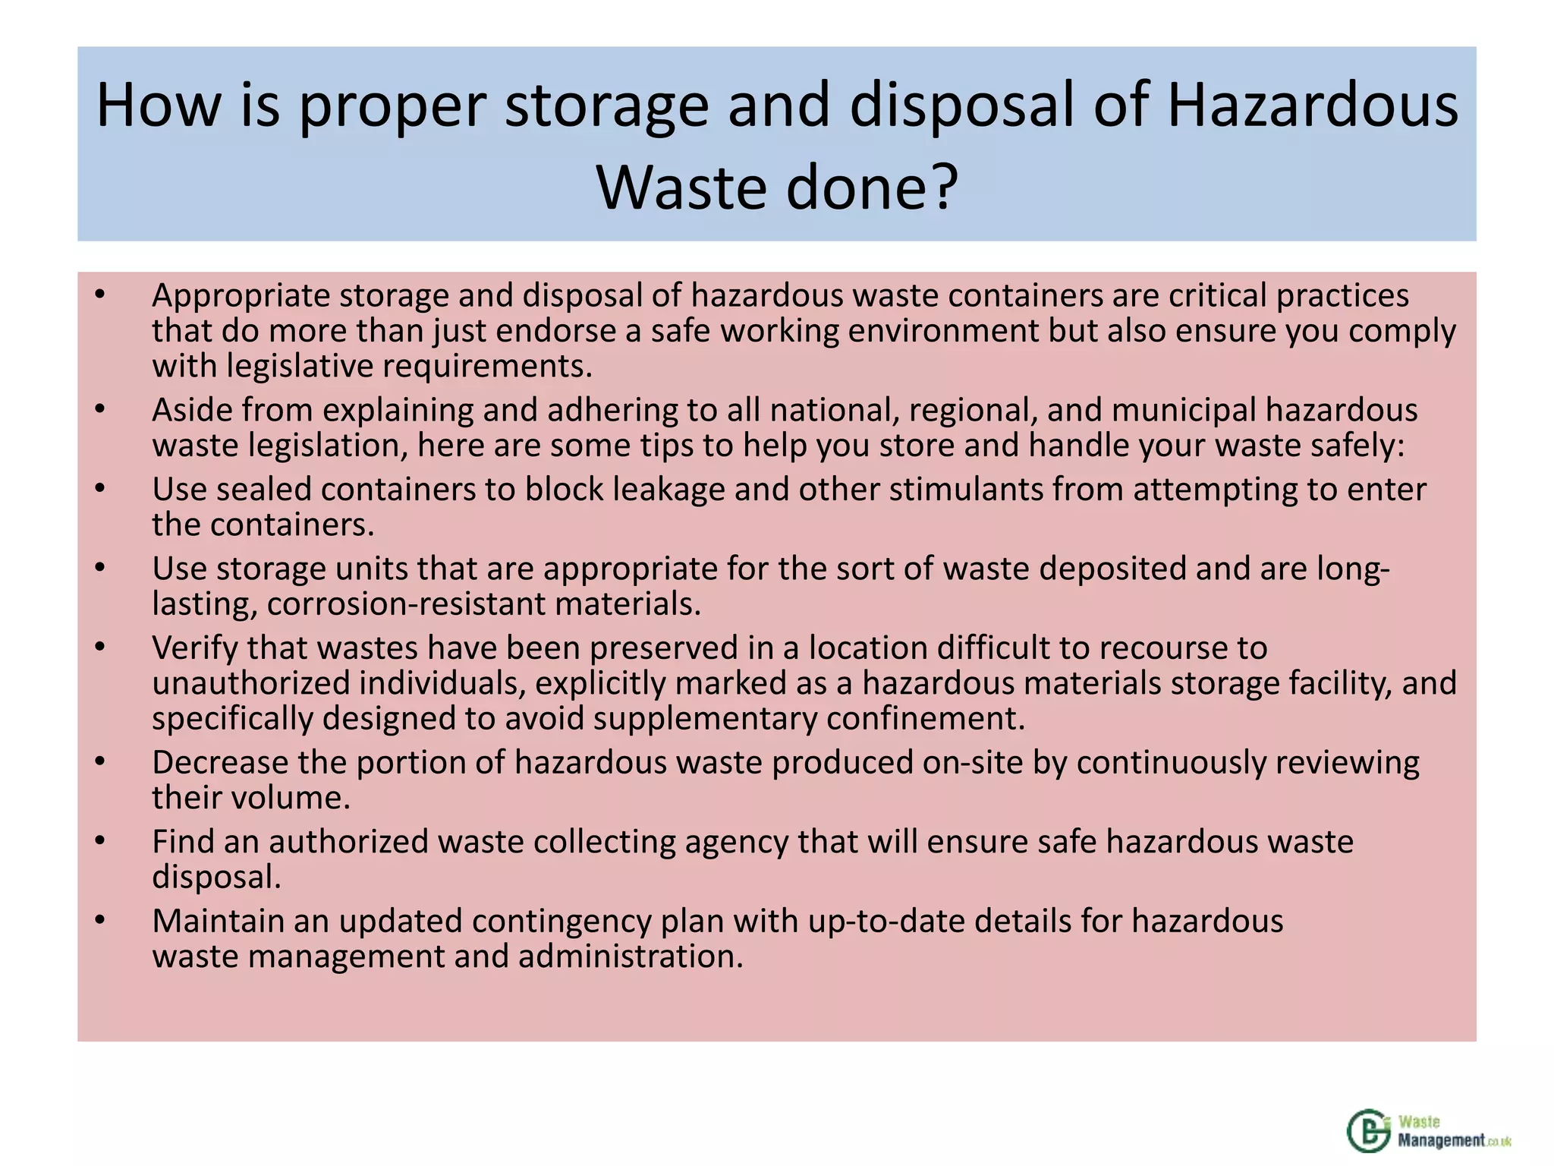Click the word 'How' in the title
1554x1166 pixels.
[159, 106]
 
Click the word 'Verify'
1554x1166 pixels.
[194, 648]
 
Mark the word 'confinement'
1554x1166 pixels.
[920, 719]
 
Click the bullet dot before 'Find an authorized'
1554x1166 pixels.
[100, 841]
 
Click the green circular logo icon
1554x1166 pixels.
[1370, 1130]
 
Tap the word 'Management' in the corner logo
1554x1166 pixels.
[1441, 1139]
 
